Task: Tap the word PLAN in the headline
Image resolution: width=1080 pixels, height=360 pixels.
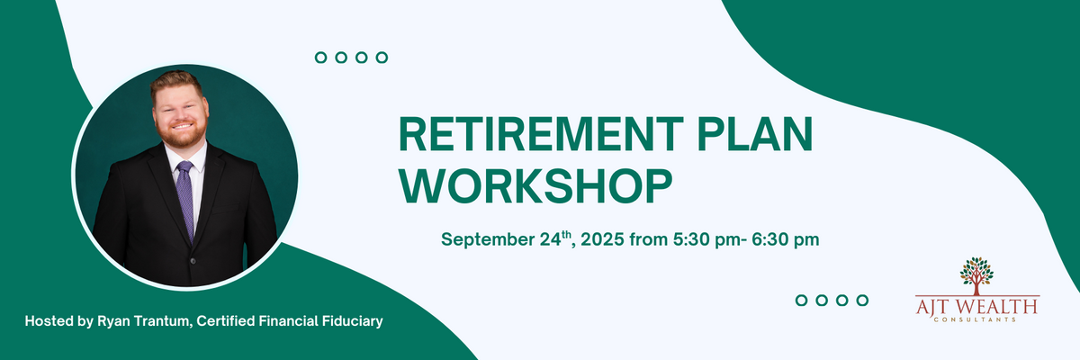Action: click(x=755, y=134)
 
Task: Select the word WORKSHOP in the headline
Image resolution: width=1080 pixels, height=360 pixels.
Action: click(x=535, y=186)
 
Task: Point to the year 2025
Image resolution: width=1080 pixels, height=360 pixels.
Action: click(x=602, y=239)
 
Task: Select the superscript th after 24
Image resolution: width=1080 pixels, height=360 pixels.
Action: click(x=566, y=235)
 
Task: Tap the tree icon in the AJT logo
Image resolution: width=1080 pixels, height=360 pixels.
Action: click(x=976, y=275)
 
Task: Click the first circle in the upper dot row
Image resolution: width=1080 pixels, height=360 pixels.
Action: click(x=320, y=58)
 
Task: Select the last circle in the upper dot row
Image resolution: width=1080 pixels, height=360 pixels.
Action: click(x=382, y=58)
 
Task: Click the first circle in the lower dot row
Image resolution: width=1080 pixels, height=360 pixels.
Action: click(x=801, y=301)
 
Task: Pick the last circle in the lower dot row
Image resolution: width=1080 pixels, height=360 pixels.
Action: click(x=862, y=301)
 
